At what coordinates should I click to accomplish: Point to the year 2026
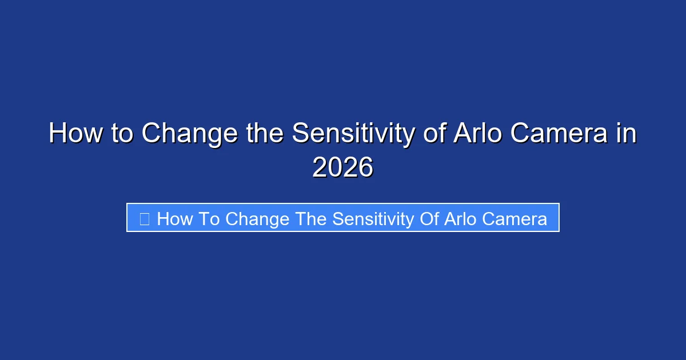(343, 168)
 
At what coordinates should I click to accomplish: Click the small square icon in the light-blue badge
(145, 219)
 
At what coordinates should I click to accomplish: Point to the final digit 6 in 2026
(365, 168)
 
